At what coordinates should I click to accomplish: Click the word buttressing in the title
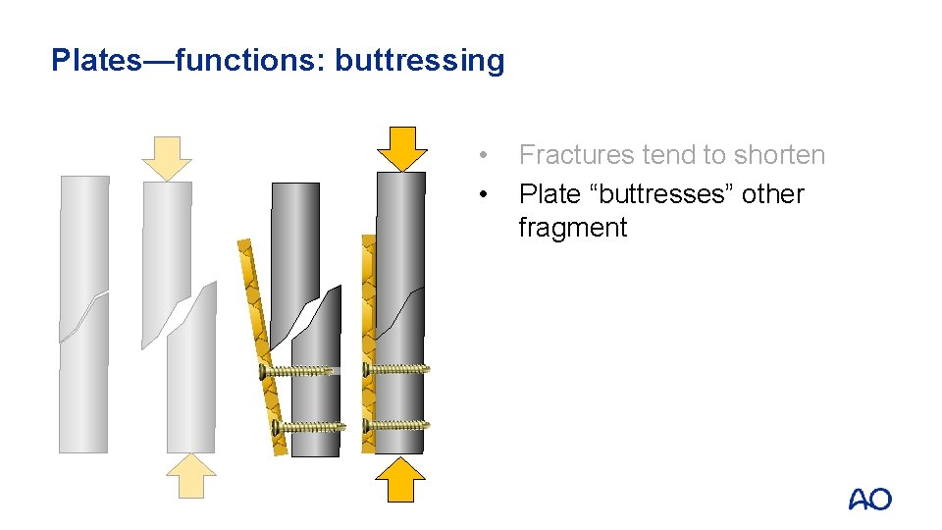coord(419,61)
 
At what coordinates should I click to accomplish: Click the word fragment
coord(572,228)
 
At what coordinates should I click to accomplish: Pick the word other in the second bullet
coord(772,194)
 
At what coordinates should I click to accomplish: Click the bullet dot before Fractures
coord(482,155)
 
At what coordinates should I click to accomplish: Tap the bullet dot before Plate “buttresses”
coord(482,194)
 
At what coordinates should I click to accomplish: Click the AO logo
coord(869,500)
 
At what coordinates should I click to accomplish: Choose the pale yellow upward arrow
coord(189,477)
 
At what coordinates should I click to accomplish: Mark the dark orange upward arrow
coord(401,481)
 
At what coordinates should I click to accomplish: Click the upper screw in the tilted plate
coord(300,371)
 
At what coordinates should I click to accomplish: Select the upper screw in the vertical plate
coord(396,370)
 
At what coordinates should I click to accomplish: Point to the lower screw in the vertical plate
coord(396,426)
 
